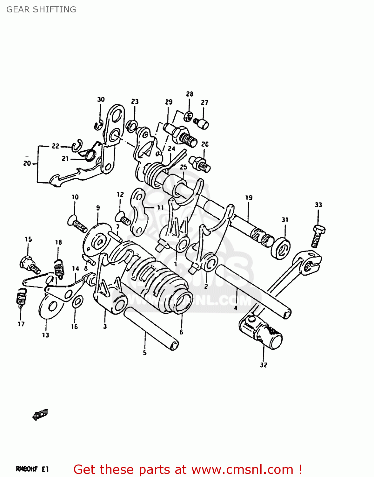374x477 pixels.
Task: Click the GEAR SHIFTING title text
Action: (41, 10)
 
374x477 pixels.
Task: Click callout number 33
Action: (318, 205)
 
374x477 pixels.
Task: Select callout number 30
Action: (101, 99)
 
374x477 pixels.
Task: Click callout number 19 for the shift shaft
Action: (249, 197)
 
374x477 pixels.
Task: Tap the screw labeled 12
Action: (123, 218)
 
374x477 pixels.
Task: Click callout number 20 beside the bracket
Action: (27, 163)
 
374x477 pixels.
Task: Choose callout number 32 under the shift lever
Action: (264, 365)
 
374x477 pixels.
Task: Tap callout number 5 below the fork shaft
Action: (144, 353)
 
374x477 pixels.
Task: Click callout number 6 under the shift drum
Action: (181, 332)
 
